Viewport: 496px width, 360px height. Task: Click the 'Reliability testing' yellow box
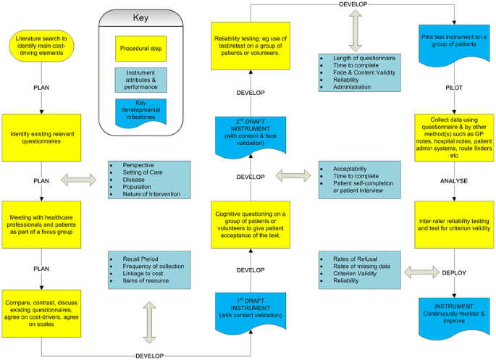point(248,45)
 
